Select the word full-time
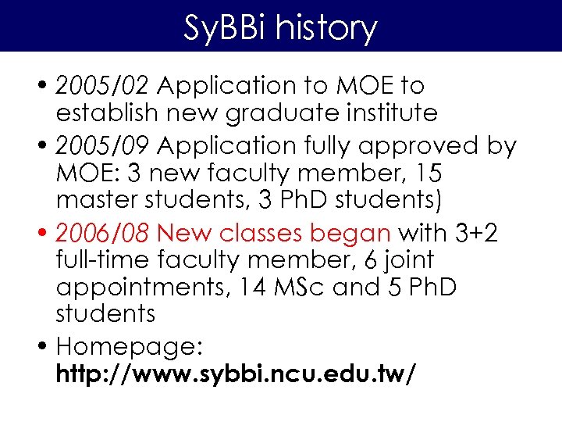101,259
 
